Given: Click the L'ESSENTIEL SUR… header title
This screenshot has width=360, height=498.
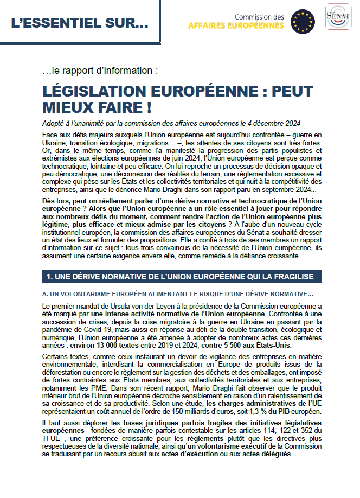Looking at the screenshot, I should (79, 23).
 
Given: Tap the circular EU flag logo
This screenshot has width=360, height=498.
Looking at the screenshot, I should (303, 21).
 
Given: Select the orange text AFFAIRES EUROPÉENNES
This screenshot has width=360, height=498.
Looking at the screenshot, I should (236, 25).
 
